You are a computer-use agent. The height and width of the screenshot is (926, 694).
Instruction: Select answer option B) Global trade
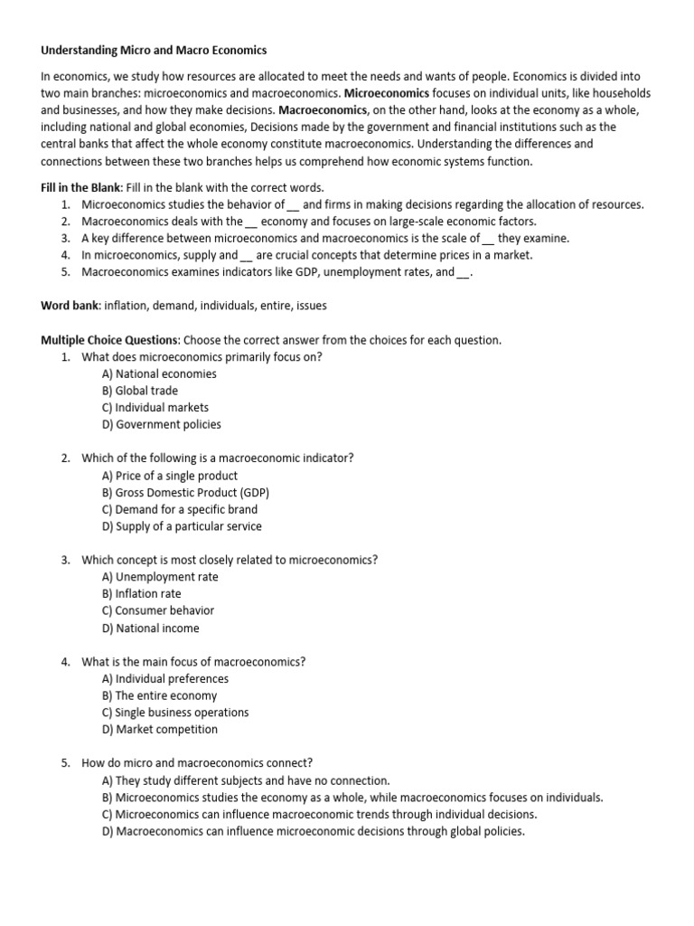140,391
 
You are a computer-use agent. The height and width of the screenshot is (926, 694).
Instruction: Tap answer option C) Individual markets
155,408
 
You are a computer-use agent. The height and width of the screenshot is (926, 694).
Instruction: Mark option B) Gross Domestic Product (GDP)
185,493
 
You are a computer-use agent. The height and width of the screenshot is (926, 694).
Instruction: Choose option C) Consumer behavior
158,610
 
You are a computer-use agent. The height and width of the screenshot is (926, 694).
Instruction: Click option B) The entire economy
160,695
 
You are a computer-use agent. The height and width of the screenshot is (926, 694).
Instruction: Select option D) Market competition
160,729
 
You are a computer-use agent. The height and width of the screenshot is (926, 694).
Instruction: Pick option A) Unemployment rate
160,577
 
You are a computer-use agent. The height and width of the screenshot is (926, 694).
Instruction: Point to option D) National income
151,628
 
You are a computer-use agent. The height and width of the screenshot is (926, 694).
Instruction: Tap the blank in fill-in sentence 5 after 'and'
464,272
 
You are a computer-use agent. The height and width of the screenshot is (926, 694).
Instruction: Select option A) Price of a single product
170,476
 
